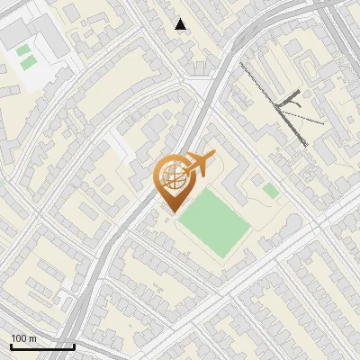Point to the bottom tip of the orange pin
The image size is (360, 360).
pos(171,211)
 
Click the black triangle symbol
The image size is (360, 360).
pos(181,24)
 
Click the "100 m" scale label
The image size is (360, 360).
pos(23,338)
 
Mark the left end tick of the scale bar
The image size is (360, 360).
pos(11,345)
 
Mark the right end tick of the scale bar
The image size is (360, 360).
pos(74,345)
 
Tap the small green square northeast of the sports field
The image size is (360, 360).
pos(270,190)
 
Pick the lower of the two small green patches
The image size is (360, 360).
pos(29,62)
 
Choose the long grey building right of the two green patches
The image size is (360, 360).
pos(52,40)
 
